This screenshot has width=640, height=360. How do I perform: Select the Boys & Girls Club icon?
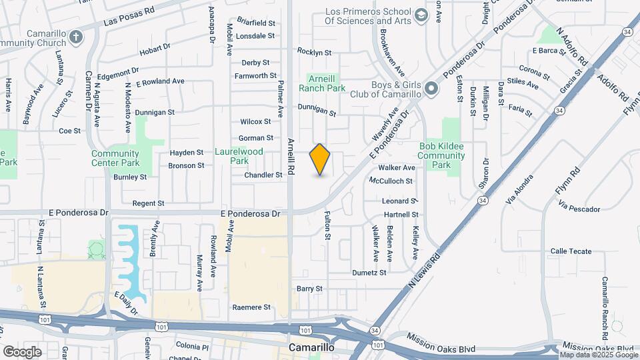pos(432,88)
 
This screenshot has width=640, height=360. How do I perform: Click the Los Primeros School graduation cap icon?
pos(421,15)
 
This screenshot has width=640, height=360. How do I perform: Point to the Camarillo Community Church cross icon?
pos(77,36)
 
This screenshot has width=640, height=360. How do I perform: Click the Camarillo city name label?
pos(316,348)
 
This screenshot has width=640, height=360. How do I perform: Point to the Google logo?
pos(22,351)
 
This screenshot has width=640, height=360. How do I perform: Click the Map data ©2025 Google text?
pos(599,355)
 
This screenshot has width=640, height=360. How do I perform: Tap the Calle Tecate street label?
pos(571,251)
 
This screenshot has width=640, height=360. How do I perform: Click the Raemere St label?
pos(251,307)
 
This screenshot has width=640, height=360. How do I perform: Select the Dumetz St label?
pos(369,273)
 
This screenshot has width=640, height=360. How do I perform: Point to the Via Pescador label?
pos(581,209)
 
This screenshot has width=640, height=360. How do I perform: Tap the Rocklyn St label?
pos(314,52)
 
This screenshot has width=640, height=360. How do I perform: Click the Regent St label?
pos(148,203)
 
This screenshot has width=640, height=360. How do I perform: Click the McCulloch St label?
pos(391,181)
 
